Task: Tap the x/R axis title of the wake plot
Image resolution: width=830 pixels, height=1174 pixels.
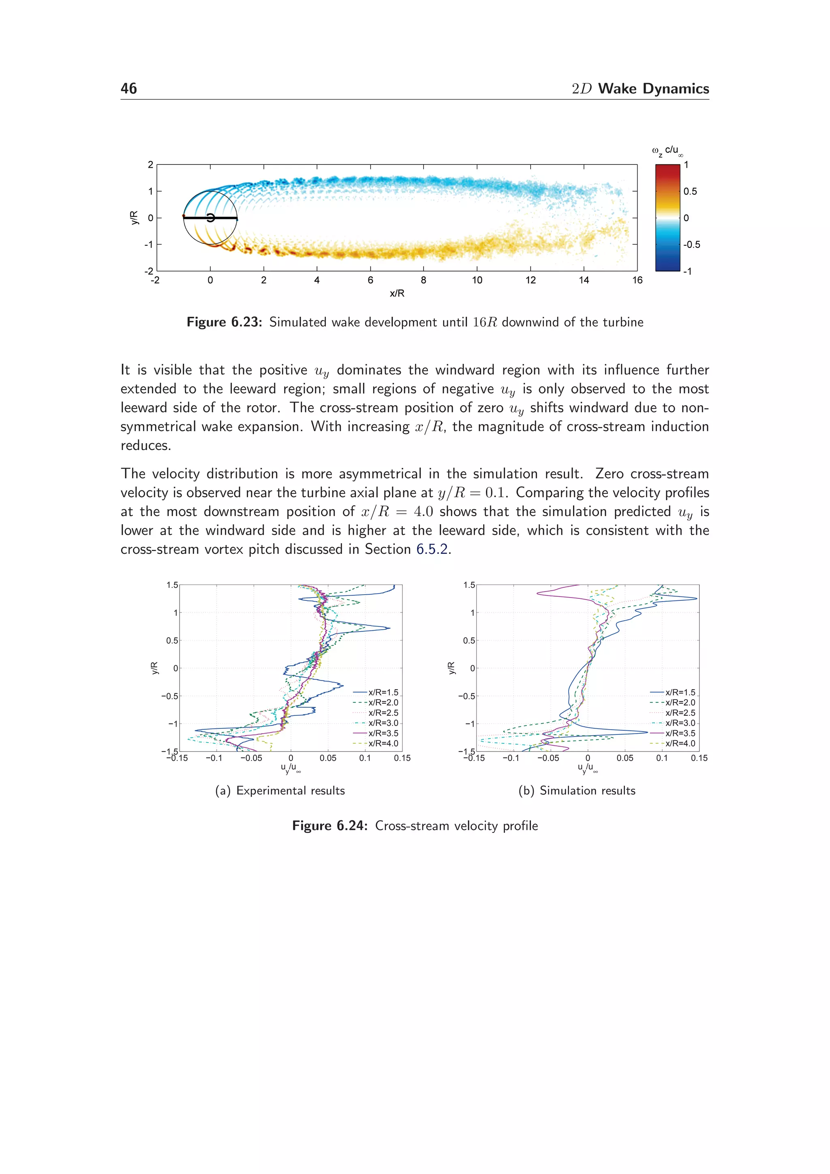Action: pos(397,293)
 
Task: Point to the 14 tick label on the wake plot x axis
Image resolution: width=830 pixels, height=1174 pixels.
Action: pos(584,280)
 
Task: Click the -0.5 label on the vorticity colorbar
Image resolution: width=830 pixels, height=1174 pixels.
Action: pos(691,244)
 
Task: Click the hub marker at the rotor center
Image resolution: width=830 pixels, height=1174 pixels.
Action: pos(210,218)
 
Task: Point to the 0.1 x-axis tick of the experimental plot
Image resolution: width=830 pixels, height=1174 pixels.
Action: pos(365,758)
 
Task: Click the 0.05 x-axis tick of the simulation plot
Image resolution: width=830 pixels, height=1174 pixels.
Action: pos(625,758)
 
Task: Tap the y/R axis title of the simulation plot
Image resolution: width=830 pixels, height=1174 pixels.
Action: pos(451,668)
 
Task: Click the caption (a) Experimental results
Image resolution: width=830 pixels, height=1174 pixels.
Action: pos(280,790)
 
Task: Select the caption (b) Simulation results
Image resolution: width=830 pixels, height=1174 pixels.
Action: pos(577,790)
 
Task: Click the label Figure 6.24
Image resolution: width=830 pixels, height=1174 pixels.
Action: pos(329,826)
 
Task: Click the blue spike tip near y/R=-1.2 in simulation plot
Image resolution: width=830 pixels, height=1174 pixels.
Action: pos(648,732)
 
